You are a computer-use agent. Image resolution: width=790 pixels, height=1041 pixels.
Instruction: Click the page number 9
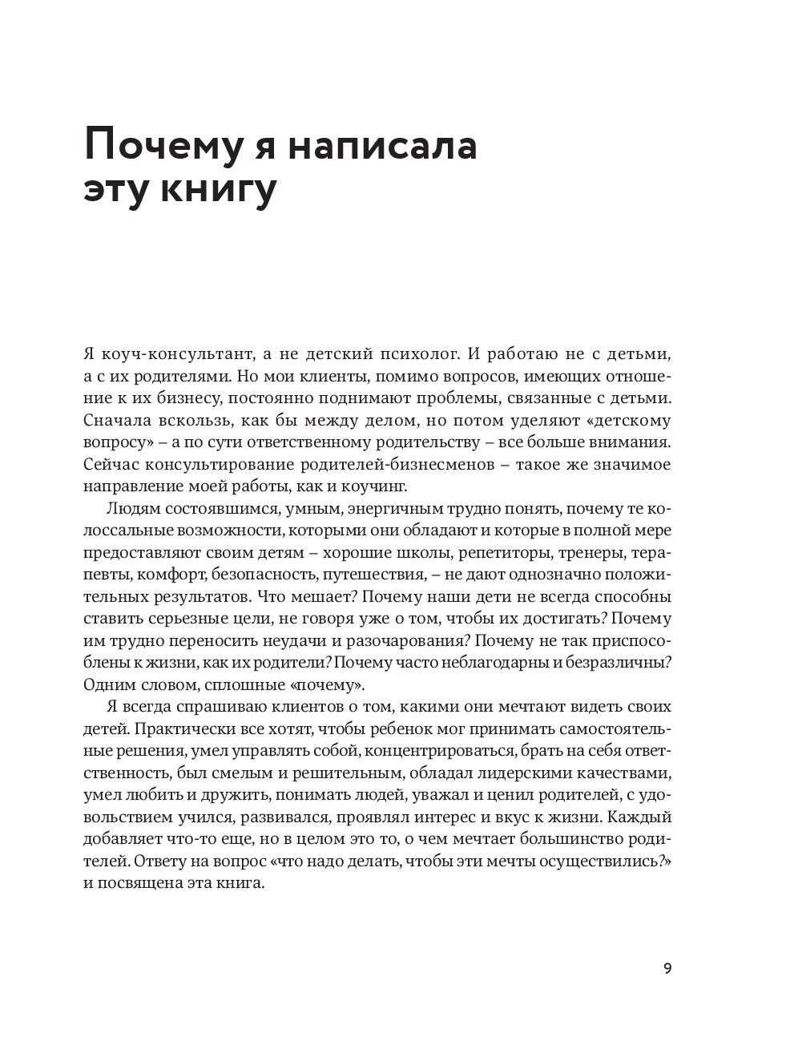point(667,968)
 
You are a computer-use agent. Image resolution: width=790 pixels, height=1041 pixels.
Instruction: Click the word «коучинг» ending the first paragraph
point(377,486)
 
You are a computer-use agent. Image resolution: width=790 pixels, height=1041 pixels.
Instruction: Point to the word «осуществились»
point(610,861)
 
